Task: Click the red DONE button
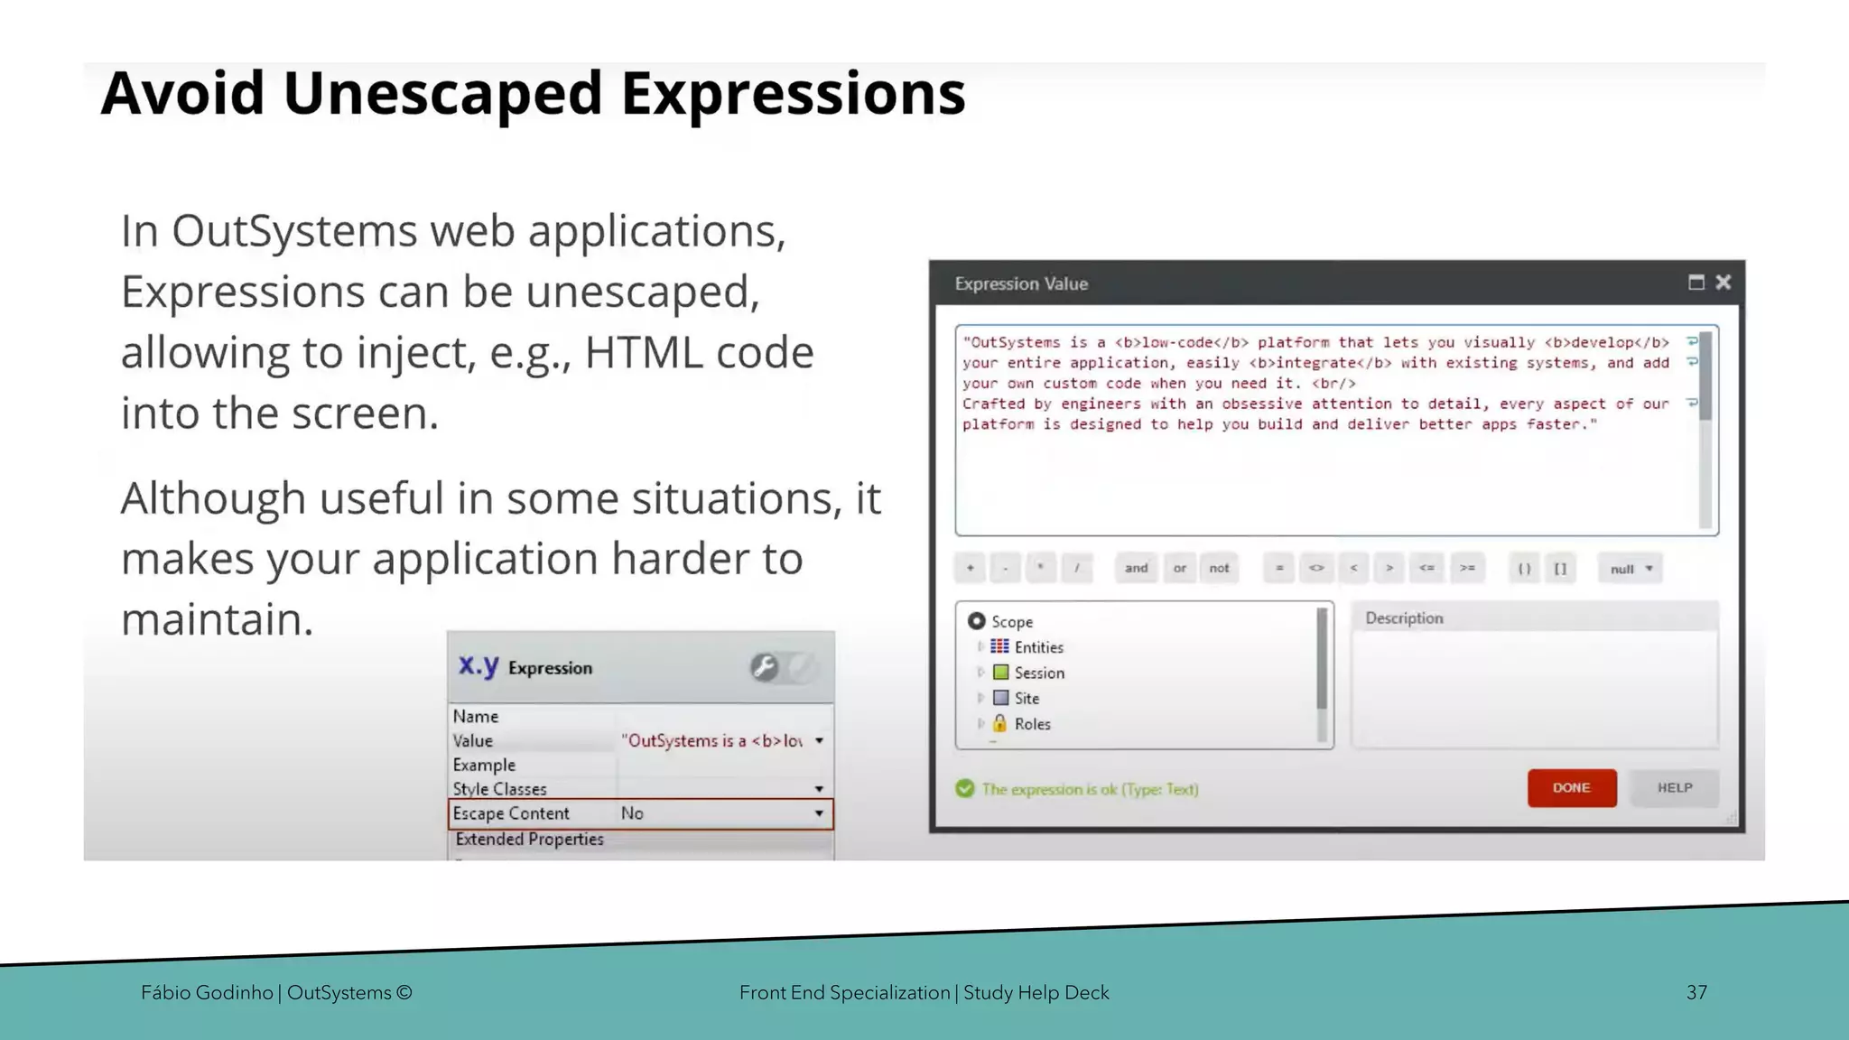pyautogui.click(x=1571, y=788)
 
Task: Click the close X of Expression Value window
pyautogui.click(x=1723, y=283)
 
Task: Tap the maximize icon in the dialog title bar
pyautogui.click(x=1696, y=283)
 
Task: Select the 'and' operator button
pyautogui.click(x=1136, y=568)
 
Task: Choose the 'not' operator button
pyautogui.click(x=1219, y=568)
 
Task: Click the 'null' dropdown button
pyautogui.click(x=1630, y=569)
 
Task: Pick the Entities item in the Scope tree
pyautogui.click(x=1038, y=647)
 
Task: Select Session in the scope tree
pyautogui.click(x=1038, y=673)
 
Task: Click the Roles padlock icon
pyautogui.click(x=1000, y=723)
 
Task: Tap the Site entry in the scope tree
pyautogui.click(x=1027, y=698)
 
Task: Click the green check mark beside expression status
pyautogui.click(x=965, y=789)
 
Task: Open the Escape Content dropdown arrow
pyautogui.click(x=819, y=813)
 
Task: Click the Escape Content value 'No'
pyautogui.click(x=632, y=813)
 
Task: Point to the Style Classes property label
pyautogui.click(x=499, y=789)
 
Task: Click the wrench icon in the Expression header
pyautogui.click(x=764, y=667)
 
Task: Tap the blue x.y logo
pyautogui.click(x=478, y=666)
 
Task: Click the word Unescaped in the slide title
pyautogui.click(x=442, y=93)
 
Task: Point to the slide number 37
pyautogui.click(x=1696, y=992)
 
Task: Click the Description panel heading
pyautogui.click(x=1404, y=618)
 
